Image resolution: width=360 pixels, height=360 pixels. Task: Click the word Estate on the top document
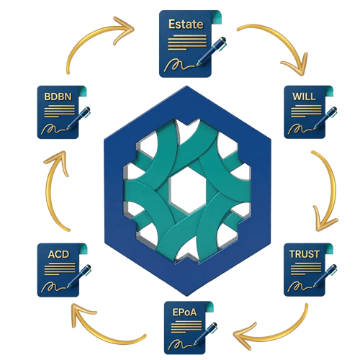click(186, 24)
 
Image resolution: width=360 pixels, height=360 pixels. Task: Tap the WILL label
click(304, 96)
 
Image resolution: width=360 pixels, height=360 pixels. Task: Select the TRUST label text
click(305, 254)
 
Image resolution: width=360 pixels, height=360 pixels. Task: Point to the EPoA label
click(184, 312)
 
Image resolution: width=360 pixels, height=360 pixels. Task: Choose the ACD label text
click(58, 254)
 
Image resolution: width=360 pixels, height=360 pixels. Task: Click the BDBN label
click(58, 96)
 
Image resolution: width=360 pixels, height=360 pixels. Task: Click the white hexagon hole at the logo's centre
click(187, 190)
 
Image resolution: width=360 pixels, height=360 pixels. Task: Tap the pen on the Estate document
click(211, 51)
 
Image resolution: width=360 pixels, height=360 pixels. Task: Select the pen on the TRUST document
click(325, 275)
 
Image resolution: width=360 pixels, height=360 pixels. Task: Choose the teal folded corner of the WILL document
click(328, 91)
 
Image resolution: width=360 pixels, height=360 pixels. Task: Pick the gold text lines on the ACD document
click(60, 269)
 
